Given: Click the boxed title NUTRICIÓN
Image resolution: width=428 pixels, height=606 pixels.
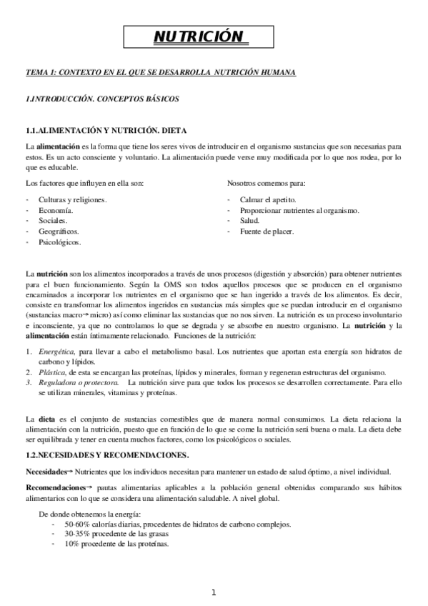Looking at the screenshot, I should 199,37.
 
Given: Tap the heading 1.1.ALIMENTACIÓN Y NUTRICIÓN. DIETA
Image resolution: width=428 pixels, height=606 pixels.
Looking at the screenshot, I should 106,132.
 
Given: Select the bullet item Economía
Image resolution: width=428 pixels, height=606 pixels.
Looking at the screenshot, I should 56,210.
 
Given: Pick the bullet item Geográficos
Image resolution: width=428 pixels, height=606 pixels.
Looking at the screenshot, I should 59,232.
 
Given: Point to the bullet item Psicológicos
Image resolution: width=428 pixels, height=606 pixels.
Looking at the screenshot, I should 59,242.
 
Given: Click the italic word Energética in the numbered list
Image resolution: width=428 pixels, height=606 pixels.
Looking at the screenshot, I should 56,352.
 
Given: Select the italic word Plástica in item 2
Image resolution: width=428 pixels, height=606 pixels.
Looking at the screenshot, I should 51,373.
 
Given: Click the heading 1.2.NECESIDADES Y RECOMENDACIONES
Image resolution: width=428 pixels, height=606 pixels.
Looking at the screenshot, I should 107,454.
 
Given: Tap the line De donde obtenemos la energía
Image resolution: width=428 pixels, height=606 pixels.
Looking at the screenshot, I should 89,515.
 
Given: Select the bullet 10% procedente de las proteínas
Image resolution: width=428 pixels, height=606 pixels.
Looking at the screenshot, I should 116,544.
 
